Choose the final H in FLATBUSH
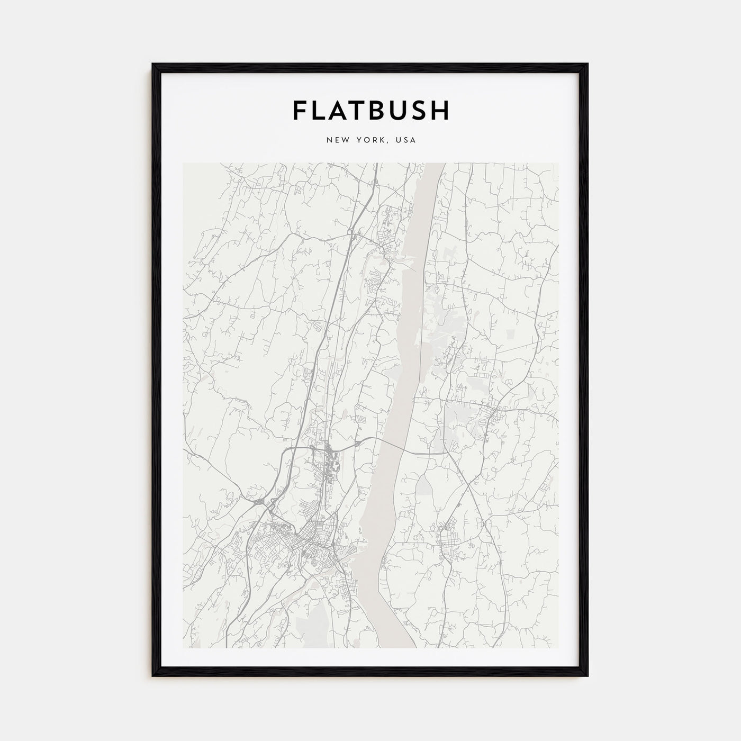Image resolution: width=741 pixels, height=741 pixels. (x=442, y=110)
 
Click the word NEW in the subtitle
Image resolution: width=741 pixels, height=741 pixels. (x=337, y=140)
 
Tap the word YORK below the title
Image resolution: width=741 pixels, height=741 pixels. (x=371, y=140)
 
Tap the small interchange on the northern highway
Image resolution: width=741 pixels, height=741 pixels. (x=351, y=232)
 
